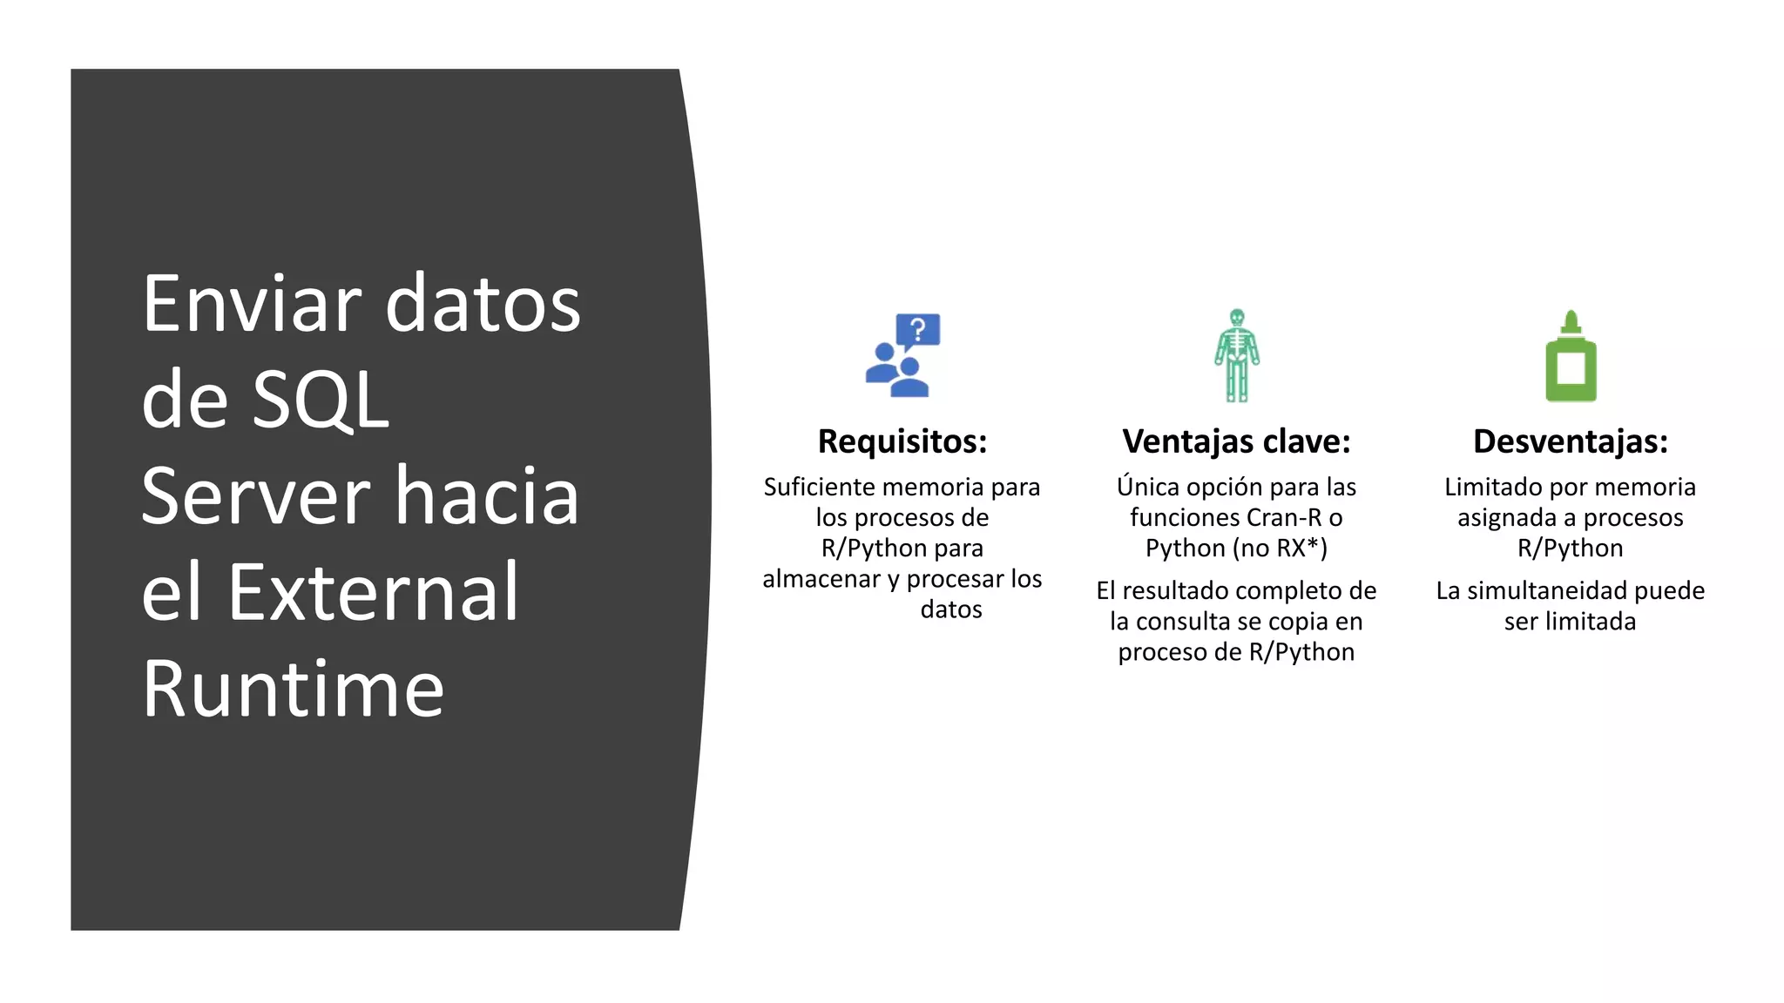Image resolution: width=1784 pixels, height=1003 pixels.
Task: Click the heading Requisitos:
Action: [x=902, y=441]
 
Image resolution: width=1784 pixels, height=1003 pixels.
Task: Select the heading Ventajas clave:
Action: [x=1236, y=441]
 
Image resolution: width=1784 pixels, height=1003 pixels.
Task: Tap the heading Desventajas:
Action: [x=1570, y=441]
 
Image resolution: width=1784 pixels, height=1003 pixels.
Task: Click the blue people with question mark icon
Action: [x=902, y=356]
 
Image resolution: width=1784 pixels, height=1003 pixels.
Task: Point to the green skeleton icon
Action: [x=1236, y=355]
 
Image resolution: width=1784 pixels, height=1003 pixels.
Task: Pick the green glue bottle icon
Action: [x=1571, y=356]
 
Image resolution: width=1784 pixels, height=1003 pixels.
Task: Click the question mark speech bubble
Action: [x=918, y=331]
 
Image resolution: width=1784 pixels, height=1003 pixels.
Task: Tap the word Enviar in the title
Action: [x=252, y=304]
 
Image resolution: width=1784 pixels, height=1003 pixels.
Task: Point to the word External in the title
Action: [x=373, y=593]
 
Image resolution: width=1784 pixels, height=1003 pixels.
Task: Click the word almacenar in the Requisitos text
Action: [x=821, y=579]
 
